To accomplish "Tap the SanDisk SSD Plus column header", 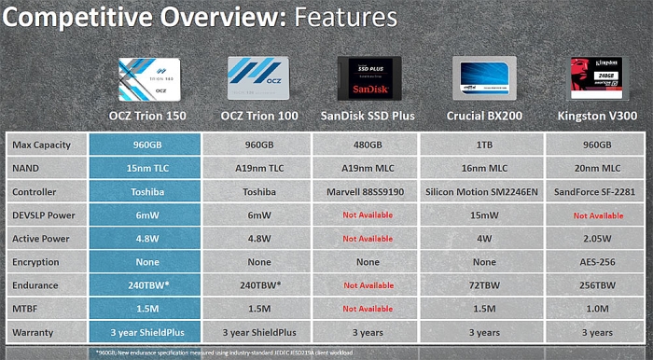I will (x=367, y=116).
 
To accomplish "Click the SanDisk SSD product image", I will (x=367, y=77).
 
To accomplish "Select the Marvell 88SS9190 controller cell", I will (x=367, y=192).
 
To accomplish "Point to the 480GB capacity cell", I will (x=367, y=145).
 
